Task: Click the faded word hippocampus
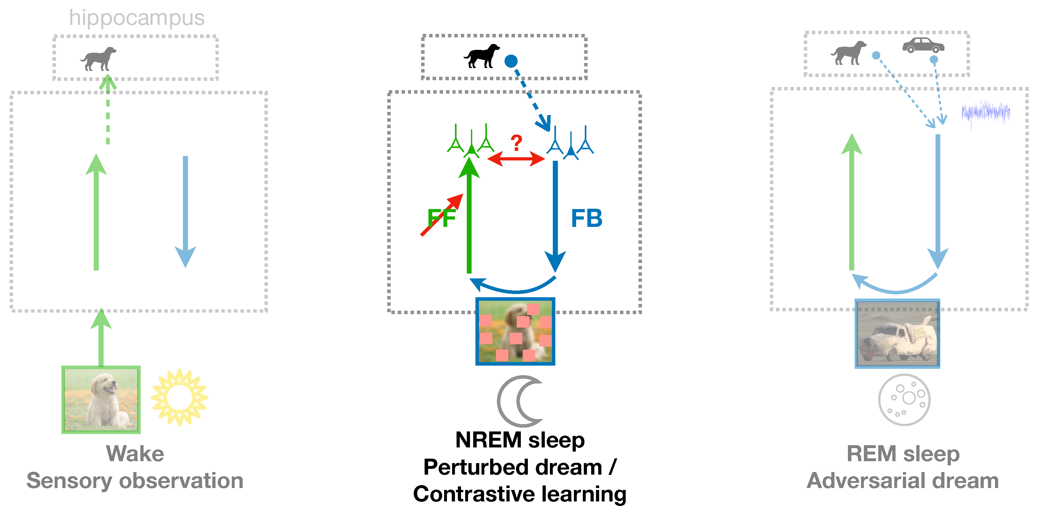coord(137,18)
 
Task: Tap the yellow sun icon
coord(179,397)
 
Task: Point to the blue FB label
coord(586,218)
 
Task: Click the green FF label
coord(442,218)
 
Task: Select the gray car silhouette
coord(923,45)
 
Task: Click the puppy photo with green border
coord(101,400)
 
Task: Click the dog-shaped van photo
coord(897,333)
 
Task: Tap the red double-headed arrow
coord(516,159)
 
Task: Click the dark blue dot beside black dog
coord(511,61)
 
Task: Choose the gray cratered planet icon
coord(904,399)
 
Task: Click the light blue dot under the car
coord(934,60)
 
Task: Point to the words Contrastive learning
coord(520,494)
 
